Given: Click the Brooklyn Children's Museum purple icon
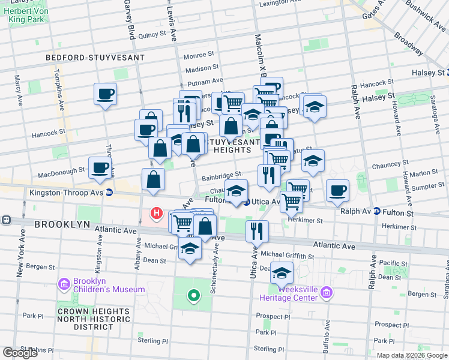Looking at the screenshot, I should click(64, 283).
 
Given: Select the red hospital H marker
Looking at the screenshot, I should click(157, 212).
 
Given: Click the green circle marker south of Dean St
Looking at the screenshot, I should click(193, 295).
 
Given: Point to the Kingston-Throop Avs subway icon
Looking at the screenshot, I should click(109, 193).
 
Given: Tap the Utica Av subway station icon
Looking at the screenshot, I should click(246, 202).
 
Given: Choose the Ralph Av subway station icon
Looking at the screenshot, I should click(376, 211).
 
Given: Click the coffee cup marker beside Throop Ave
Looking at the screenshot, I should click(105, 94).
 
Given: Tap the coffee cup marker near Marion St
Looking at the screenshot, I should click(338, 190).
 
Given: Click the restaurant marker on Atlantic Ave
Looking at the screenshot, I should click(258, 231).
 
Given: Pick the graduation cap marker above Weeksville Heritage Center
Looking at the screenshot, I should click(282, 273).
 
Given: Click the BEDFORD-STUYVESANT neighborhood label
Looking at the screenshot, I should click(95, 58).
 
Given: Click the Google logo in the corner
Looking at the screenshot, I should click(20, 353).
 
